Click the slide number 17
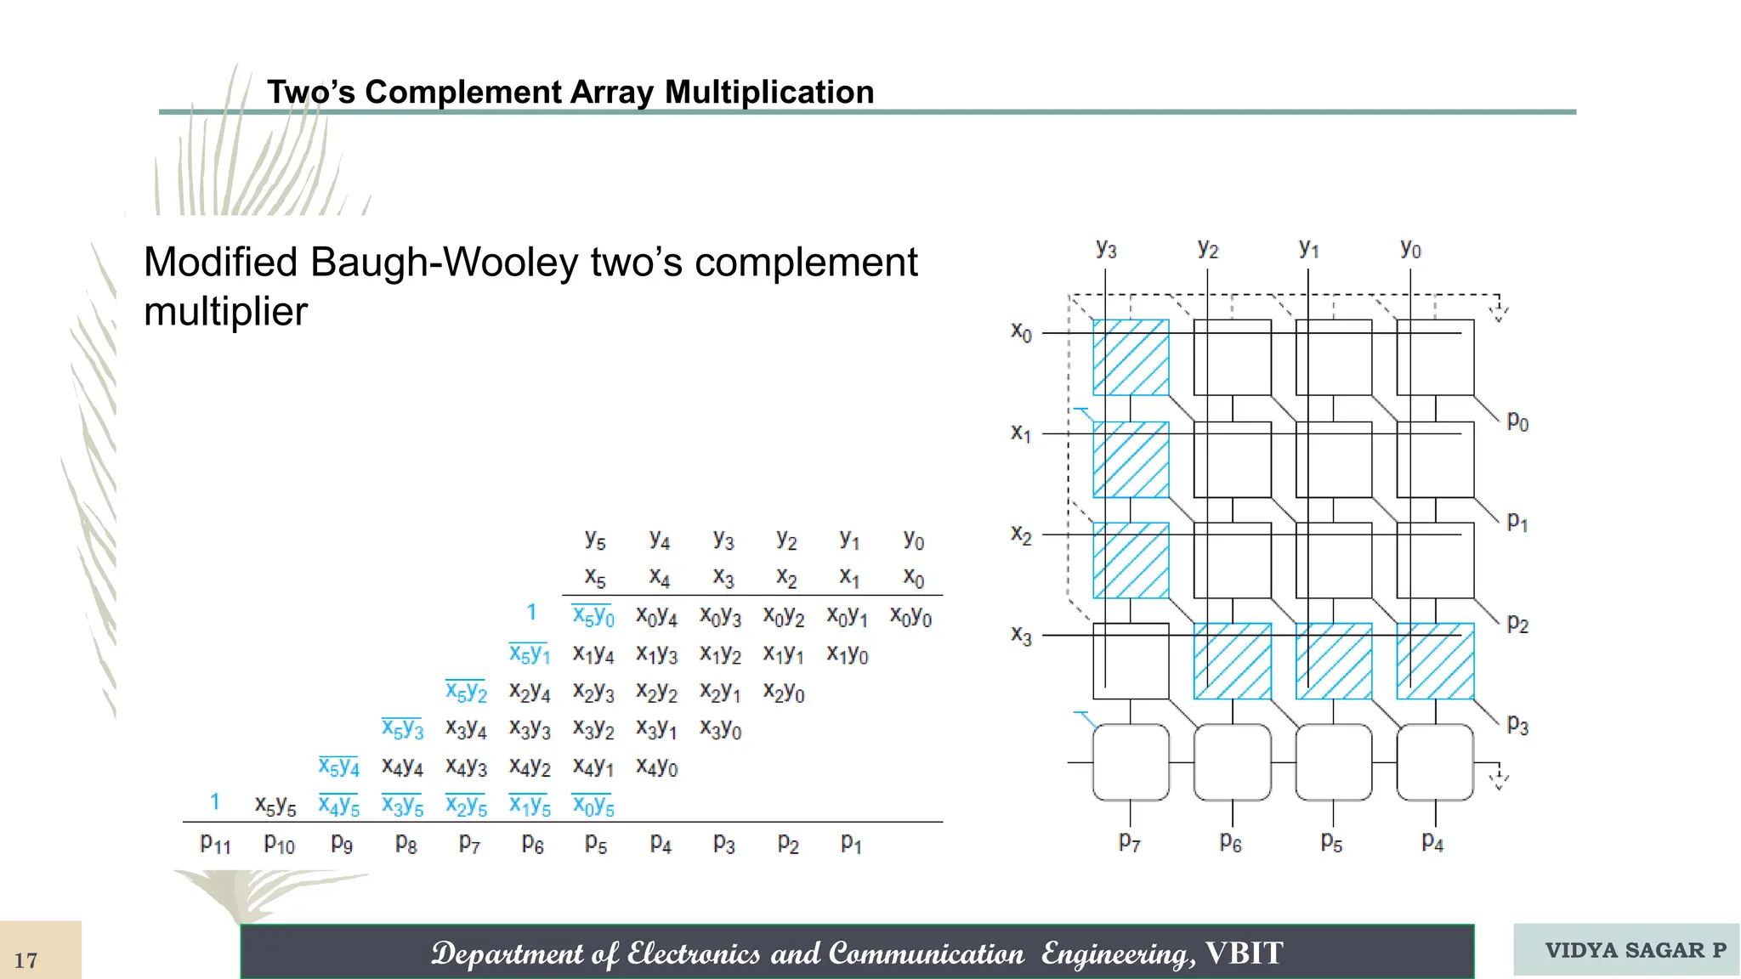pos(26,960)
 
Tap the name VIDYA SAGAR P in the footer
pos(1635,950)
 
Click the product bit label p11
pos(215,843)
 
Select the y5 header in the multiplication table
pos(595,540)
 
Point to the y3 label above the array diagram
pos(1106,249)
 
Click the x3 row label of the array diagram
pos(1021,635)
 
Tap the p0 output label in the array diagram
pos(1517,422)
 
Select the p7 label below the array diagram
pos(1129,842)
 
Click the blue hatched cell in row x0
pos(1131,358)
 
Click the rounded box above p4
pos(1435,762)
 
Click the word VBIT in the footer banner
pos(1245,954)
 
